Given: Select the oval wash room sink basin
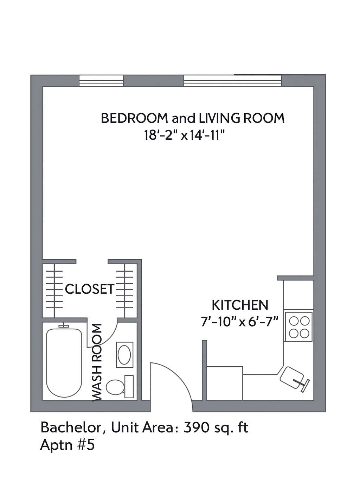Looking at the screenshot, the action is click(124, 355).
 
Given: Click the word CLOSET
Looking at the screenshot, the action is click(90, 289).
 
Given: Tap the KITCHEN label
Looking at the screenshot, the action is click(240, 305).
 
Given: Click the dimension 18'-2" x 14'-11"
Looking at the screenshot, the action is click(185, 135).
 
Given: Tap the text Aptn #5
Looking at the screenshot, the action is click(67, 445).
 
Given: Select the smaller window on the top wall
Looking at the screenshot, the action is click(101, 81).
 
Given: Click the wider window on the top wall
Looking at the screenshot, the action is click(233, 80).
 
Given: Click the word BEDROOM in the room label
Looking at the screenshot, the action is click(134, 118).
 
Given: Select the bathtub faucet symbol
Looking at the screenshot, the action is click(64, 326).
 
